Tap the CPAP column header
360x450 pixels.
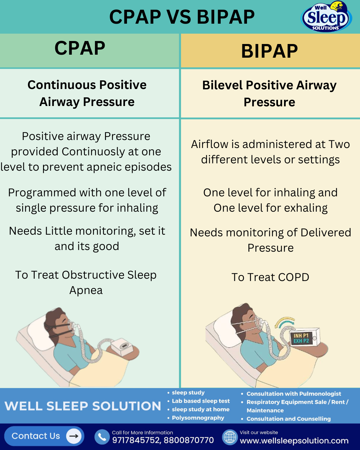(x=80, y=48)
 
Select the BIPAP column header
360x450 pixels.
(x=269, y=51)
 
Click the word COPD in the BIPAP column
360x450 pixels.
(x=294, y=277)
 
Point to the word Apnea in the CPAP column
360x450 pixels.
(x=86, y=290)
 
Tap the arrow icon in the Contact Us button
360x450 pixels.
(x=74, y=436)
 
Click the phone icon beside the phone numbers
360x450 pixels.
(x=102, y=437)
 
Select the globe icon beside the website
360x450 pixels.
(x=230, y=437)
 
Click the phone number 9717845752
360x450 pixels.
(x=136, y=440)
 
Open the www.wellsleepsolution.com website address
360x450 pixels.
(x=294, y=441)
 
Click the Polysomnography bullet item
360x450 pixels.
(x=198, y=418)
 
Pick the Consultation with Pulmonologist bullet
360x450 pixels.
(x=294, y=394)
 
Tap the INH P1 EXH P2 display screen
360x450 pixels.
(x=301, y=338)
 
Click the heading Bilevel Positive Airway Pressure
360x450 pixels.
(x=269, y=94)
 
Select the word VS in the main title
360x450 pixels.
(x=179, y=17)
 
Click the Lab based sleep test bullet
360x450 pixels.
(x=201, y=401)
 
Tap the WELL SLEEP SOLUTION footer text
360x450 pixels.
(x=83, y=406)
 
